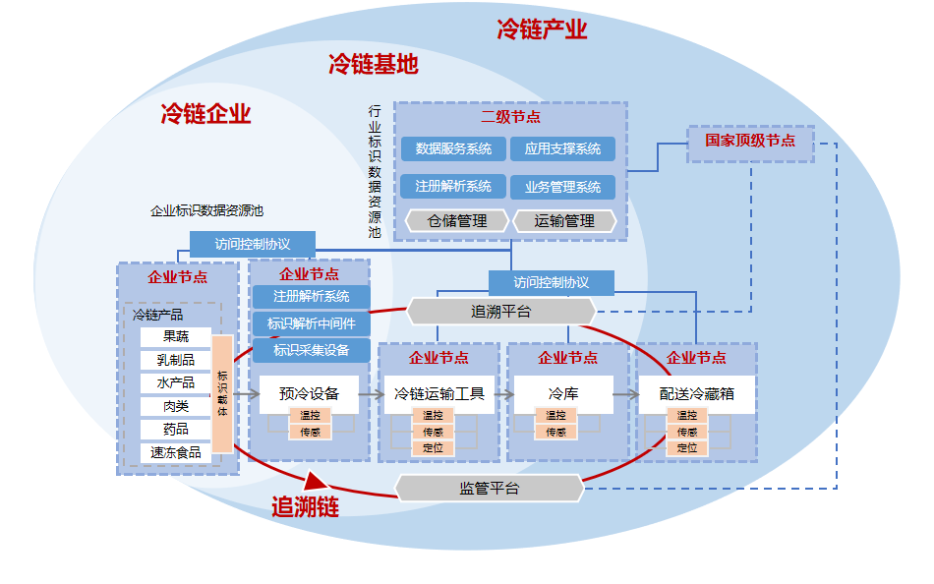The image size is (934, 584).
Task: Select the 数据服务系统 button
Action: [x=453, y=149]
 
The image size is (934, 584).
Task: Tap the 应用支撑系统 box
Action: [x=562, y=149]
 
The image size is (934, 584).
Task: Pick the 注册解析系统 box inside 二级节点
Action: [x=453, y=186]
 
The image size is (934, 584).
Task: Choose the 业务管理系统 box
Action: [x=562, y=187]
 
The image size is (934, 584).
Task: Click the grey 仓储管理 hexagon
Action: [x=457, y=221]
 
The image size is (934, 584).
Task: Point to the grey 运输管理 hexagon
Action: [x=564, y=221]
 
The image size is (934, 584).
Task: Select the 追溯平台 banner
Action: [x=500, y=312]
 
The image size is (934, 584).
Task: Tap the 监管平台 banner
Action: [x=489, y=488]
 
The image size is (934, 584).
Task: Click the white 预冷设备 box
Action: [x=309, y=394]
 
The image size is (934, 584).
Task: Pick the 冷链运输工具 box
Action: [x=438, y=394]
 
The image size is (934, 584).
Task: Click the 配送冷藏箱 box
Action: [x=696, y=394]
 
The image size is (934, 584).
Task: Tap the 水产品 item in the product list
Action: [x=175, y=382]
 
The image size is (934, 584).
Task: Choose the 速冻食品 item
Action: [x=175, y=452]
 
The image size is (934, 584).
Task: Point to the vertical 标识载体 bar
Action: [x=222, y=394]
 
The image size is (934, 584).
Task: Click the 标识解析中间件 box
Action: [x=311, y=323]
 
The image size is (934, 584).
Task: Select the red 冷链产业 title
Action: [x=542, y=29]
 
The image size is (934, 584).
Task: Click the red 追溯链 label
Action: [x=305, y=508]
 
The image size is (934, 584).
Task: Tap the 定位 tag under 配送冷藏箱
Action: [x=686, y=448]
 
